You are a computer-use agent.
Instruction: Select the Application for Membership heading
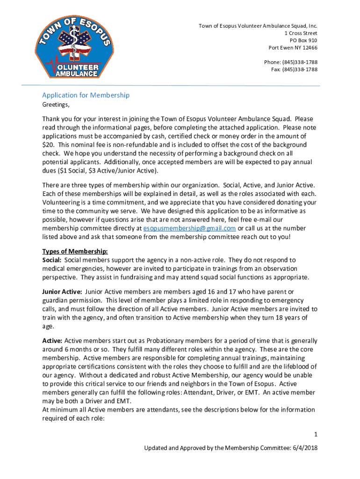pyautogui.click(x=86, y=95)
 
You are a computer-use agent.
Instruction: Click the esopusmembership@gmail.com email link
pyautogui.click(x=189, y=228)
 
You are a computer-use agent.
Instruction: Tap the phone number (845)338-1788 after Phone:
pyautogui.click(x=301, y=62)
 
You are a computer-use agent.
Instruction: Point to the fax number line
pyautogui.click(x=294, y=70)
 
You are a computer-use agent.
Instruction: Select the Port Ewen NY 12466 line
pyautogui.click(x=293, y=48)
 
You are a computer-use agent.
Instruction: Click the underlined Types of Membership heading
pyautogui.click(x=75, y=251)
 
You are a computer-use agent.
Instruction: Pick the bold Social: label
pyautogui.click(x=52, y=260)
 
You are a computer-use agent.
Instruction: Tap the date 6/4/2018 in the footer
pyautogui.click(x=304, y=448)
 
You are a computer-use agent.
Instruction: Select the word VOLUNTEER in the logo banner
pyautogui.click(x=77, y=66)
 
